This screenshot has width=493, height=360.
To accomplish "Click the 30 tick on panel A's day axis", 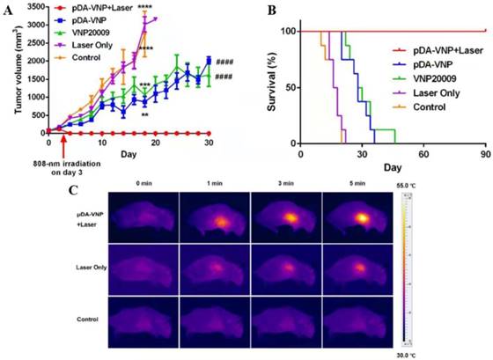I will (x=208, y=143).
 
